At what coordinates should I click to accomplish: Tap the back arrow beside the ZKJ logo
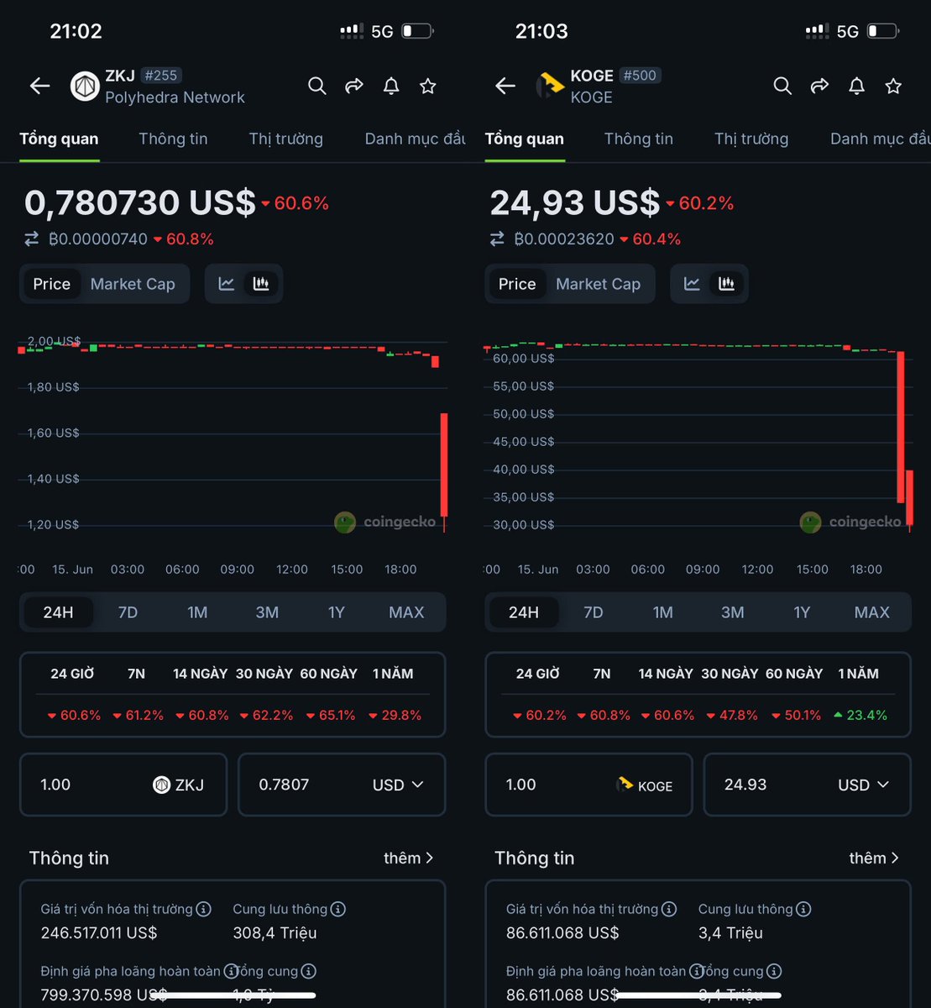(39, 86)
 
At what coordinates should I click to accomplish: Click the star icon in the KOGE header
(893, 86)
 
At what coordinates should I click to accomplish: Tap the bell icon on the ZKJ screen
(391, 86)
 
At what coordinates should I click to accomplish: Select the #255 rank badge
(160, 76)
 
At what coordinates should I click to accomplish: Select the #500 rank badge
(640, 76)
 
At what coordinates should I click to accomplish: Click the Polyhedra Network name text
(175, 97)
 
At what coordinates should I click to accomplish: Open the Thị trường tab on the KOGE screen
(751, 139)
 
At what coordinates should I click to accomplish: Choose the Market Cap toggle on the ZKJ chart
(133, 284)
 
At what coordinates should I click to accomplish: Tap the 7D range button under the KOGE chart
(594, 612)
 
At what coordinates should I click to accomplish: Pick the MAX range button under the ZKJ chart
(406, 612)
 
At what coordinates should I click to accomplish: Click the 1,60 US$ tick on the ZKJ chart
(54, 433)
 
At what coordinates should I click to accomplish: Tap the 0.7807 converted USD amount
(284, 785)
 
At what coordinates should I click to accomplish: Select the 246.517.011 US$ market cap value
(99, 933)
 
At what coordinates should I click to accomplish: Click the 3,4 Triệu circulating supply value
(730, 933)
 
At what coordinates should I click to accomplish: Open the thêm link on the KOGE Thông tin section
(873, 858)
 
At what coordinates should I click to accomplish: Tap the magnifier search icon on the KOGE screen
(782, 86)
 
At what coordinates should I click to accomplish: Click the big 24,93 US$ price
(575, 203)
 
